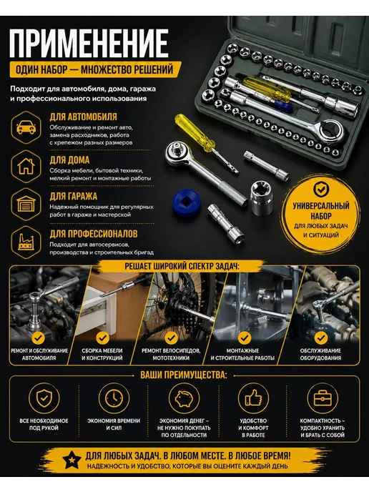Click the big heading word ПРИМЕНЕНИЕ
click(89, 44)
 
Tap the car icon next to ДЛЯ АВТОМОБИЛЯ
click(26, 127)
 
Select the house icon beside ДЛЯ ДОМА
click(26, 166)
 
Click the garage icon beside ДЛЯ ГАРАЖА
click(26, 204)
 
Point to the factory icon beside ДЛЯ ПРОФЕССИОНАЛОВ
click(26, 242)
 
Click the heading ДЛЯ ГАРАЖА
click(74, 197)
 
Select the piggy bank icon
click(184, 398)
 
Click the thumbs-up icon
click(254, 398)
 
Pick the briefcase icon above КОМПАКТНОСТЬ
click(323, 398)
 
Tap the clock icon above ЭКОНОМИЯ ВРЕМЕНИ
click(114, 398)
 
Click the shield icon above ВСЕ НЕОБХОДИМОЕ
click(44, 398)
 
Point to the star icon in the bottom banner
click(72, 460)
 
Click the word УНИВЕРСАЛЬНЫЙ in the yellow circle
click(321, 206)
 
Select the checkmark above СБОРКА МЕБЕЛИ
click(102, 338)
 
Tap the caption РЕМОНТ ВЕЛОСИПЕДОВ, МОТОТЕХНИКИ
click(171, 354)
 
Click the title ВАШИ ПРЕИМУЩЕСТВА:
click(184, 375)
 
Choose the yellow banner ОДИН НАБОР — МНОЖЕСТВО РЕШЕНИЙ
click(95, 69)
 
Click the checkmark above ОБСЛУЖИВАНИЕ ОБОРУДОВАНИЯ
click(320, 338)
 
